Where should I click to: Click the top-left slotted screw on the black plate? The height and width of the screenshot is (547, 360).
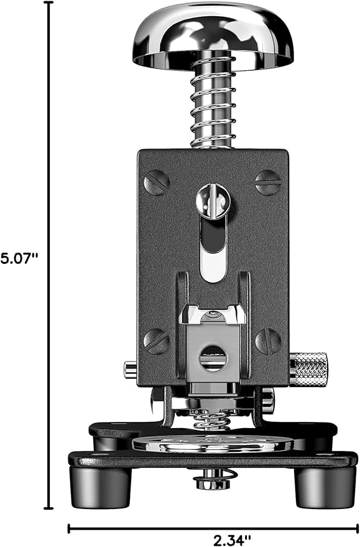tap(157, 183)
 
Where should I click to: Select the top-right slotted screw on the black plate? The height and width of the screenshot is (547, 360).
tap(269, 182)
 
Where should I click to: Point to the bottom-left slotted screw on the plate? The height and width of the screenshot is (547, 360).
tap(157, 341)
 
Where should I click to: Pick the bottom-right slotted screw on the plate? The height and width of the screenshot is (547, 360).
tap(268, 341)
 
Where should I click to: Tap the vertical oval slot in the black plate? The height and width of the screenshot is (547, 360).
tap(213, 248)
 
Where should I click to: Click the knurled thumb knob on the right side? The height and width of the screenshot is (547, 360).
tap(309, 369)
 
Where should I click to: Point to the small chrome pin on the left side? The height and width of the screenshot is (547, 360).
tap(131, 370)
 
